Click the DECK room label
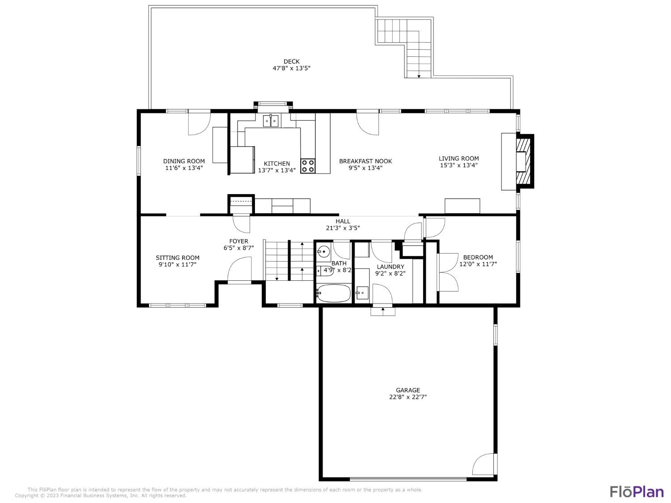pyautogui.click(x=291, y=62)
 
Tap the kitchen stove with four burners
pyautogui.click(x=307, y=166)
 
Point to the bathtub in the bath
pyautogui.click(x=333, y=293)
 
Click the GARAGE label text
pyautogui.click(x=408, y=390)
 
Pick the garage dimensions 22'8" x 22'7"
pyautogui.click(x=408, y=397)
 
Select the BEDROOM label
pyautogui.click(x=478, y=257)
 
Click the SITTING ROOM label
pyautogui.click(x=178, y=258)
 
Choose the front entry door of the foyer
pyautogui.click(x=239, y=273)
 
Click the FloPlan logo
pyautogui.click(x=637, y=491)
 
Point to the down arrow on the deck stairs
pyautogui.click(x=419, y=76)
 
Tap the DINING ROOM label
pyautogui.click(x=184, y=161)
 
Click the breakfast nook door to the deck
pyautogui.click(x=368, y=123)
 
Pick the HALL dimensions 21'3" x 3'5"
pyautogui.click(x=343, y=228)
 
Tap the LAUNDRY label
pyautogui.click(x=390, y=267)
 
